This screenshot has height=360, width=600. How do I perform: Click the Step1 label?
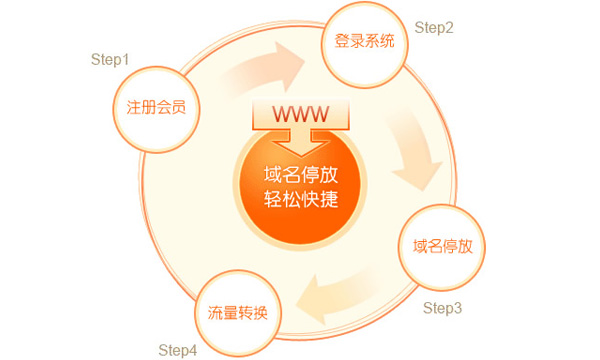[111, 60]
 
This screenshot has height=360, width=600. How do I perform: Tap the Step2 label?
[434, 28]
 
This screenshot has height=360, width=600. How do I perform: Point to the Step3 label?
[442, 307]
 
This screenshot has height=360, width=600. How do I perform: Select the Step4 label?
[178, 349]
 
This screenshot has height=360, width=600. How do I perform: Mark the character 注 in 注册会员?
[122, 107]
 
